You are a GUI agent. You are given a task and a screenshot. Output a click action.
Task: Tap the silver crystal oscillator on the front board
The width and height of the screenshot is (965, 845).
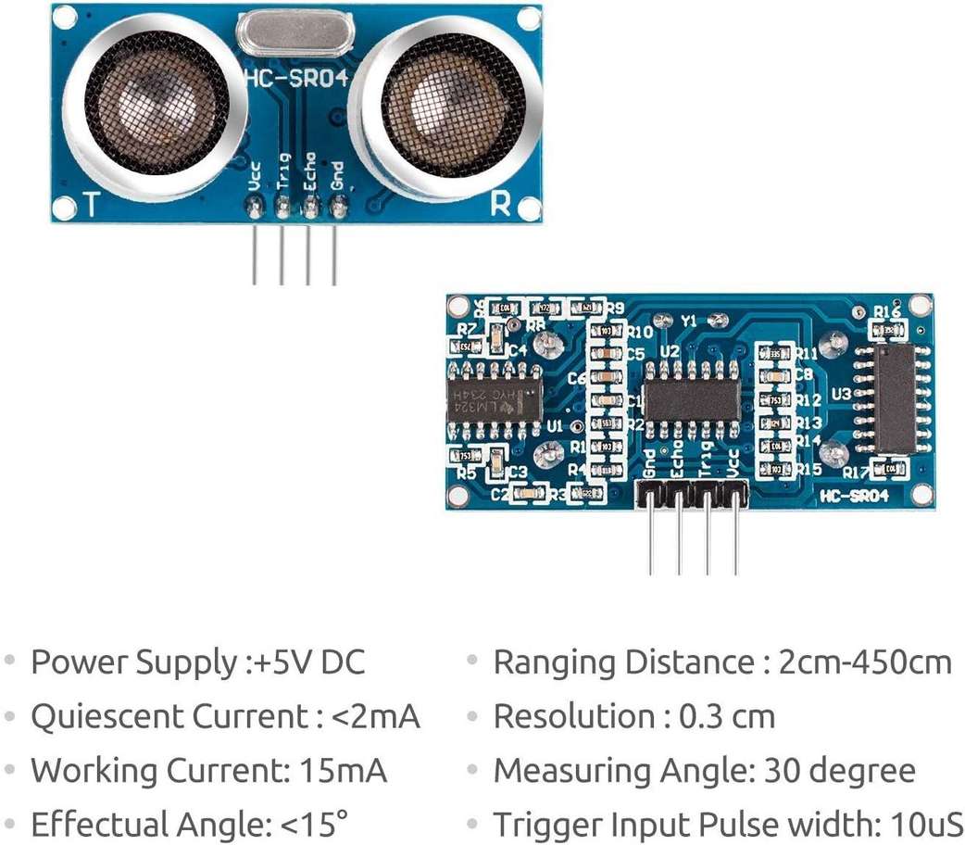tap(295, 36)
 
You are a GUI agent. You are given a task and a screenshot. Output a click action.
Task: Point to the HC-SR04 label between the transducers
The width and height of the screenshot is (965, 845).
tap(295, 79)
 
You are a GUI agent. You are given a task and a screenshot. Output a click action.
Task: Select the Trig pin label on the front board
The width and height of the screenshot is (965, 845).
tap(283, 172)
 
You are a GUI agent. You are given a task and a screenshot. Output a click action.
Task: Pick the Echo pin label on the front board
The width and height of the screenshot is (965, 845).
tap(310, 171)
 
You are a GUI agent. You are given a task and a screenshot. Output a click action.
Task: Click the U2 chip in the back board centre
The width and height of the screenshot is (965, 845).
tap(692, 399)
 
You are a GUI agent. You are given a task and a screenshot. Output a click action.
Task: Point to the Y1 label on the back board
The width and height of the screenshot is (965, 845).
tap(688, 321)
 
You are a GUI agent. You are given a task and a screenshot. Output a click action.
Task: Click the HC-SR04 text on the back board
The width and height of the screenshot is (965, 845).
tap(854, 497)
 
